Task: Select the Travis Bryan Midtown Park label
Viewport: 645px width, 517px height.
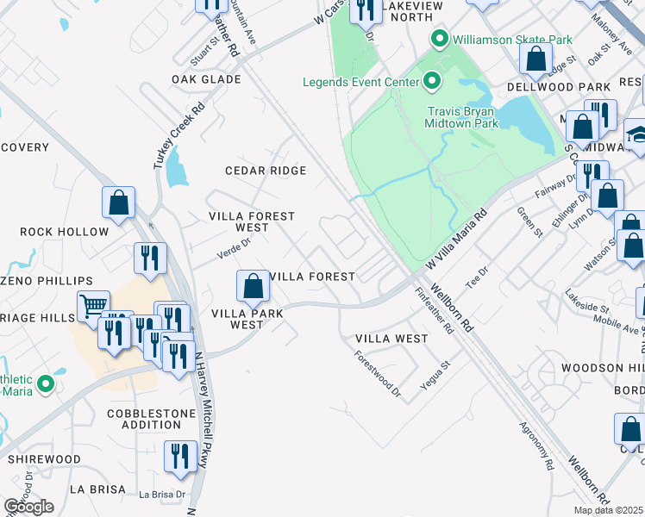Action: click(x=461, y=117)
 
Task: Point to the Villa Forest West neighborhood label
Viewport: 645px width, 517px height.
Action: click(x=252, y=222)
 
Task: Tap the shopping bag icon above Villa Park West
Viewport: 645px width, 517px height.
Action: click(x=252, y=284)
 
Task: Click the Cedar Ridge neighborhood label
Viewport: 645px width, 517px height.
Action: click(x=266, y=171)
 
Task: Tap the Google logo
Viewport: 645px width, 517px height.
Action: click(x=28, y=507)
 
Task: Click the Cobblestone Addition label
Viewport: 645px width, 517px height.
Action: click(x=151, y=419)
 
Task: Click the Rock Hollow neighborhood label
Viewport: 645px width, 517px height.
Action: click(x=65, y=232)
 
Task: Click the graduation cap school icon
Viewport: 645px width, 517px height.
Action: click(x=638, y=135)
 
